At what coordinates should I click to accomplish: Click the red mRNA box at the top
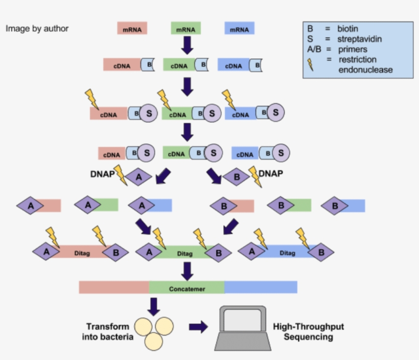pos(132,28)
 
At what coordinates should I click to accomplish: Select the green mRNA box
pos(185,28)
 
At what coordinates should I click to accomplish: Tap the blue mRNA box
pos(239,28)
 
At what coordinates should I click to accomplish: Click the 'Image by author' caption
pos(37,29)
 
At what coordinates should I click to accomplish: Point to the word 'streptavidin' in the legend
pos(359,39)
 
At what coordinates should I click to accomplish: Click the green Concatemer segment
pos(187,288)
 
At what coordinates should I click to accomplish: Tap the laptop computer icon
pos(242,327)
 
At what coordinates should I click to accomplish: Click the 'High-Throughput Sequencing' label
pos(308,332)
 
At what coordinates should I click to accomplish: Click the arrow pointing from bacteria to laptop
pos(198,327)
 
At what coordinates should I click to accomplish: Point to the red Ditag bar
pos(82,253)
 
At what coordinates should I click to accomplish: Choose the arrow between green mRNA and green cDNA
pos(188,47)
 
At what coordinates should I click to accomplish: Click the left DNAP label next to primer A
pos(102,174)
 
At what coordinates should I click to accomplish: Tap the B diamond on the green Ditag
pos(218,252)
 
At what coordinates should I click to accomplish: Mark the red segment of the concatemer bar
pos(113,287)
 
